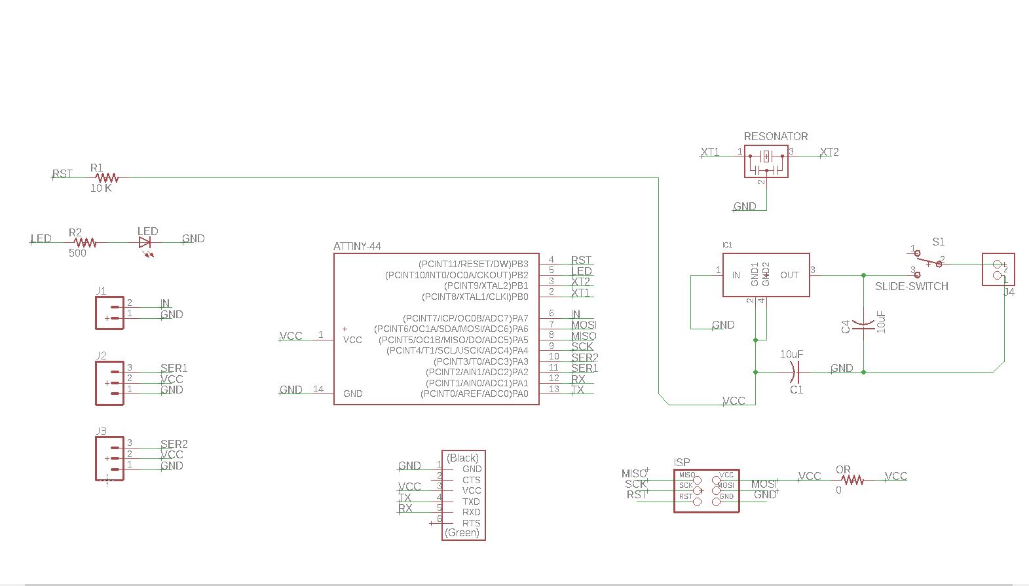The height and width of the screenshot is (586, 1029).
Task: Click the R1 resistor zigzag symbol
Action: pyautogui.click(x=106, y=177)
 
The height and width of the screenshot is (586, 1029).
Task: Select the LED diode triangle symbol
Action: pyautogui.click(x=145, y=242)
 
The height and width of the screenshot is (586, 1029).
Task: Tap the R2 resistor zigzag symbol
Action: pyautogui.click(x=85, y=242)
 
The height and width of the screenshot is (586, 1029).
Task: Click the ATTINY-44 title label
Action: pyautogui.click(x=357, y=247)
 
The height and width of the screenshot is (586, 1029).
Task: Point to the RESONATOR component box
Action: pyautogui.click(x=766, y=162)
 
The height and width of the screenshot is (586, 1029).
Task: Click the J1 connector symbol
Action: pyautogui.click(x=109, y=312)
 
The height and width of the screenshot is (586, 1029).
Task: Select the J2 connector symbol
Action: pyautogui.click(x=109, y=382)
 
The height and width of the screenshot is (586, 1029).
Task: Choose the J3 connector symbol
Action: pyautogui.click(x=109, y=458)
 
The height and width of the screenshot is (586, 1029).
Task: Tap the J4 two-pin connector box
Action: pyautogui.click(x=998, y=269)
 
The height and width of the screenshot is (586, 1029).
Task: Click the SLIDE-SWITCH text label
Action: pyautogui.click(x=911, y=287)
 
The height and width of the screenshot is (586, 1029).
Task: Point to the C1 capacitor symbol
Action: pyautogui.click(x=795, y=372)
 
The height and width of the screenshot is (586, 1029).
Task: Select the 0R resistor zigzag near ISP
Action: pyautogui.click(x=853, y=480)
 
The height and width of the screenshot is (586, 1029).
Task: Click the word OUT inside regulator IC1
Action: pyautogui.click(x=789, y=276)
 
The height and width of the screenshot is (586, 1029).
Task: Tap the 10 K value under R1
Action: pyautogui.click(x=101, y=189)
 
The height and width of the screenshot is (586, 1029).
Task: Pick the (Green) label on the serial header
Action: pyautogui.click(x=462, y=533)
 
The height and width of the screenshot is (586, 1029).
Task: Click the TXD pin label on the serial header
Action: pyautogui.click(x=471, y=502)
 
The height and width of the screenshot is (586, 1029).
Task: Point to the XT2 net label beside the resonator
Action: pyautogui.click(x=829, y=153)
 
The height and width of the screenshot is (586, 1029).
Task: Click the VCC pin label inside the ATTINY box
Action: pyautogui.click(x=352, y=340)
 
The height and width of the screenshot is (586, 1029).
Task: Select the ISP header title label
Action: pyautogui.click(x=682, y=462)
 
